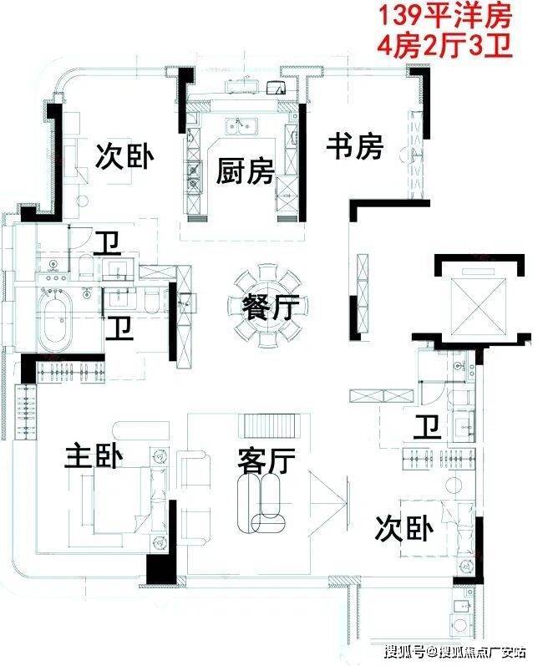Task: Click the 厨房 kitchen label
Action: (x=245, y=170)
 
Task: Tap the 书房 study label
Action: (x=355, y=146)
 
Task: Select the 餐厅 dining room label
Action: (x=271, y=307)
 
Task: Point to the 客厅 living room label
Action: (x=266, y=460)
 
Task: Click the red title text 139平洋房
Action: (x=444, y=17)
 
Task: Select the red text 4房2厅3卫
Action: (x=444, y=45)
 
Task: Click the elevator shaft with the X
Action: (x=479, y=306)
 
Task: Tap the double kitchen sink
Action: (x=241, y=126)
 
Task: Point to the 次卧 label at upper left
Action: (x=124, y=156)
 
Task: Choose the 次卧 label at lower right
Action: (x=403, y=528)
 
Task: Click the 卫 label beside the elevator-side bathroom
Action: (x=428, y=426)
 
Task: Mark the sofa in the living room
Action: (x=262, y=503)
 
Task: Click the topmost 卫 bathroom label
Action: (x=108, y=243)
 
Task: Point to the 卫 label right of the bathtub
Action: (x=119, y=328)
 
